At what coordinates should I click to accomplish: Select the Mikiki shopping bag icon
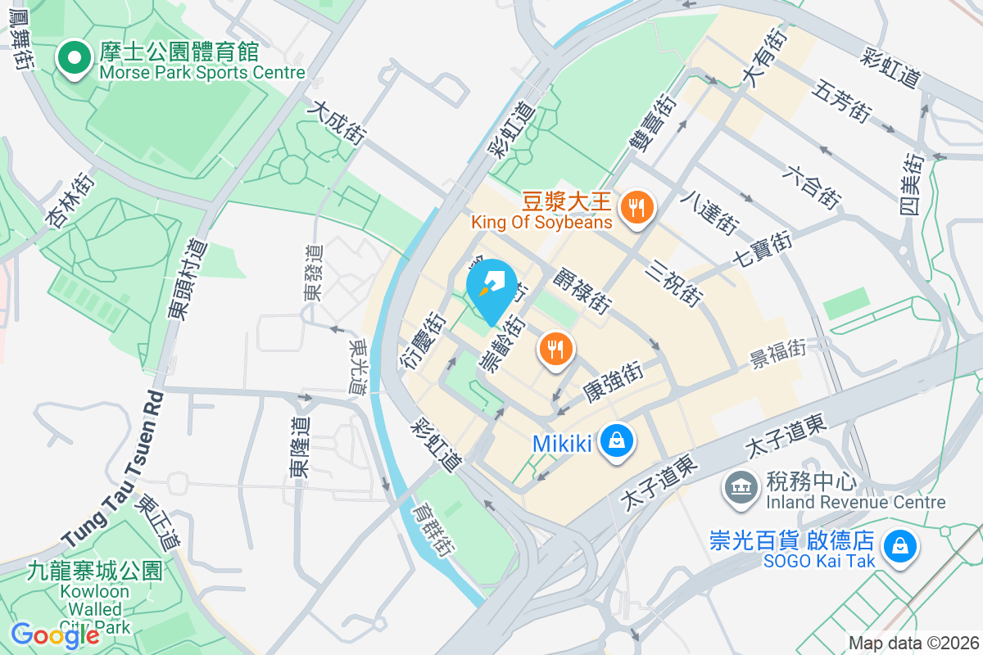(x=616, y=442)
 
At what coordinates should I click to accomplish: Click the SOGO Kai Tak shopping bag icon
(x=899, y=545)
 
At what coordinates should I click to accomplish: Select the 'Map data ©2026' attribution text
(x=913, y=643)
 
